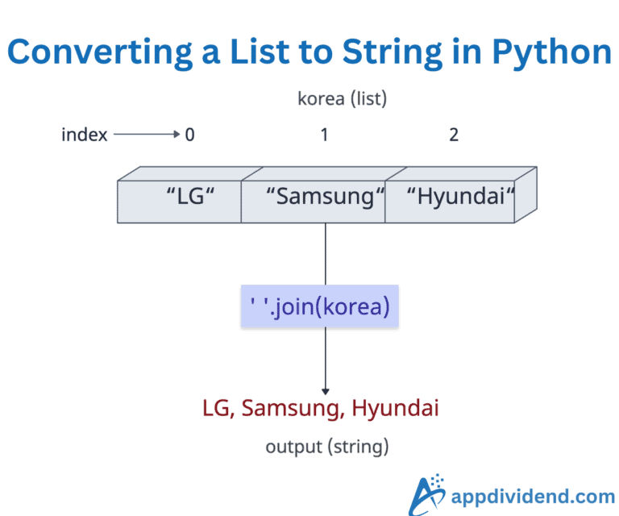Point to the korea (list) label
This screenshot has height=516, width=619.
pyautogui.click(x=342, y=99)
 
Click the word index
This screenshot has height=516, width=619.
pyautogui.click(x=84, y=135)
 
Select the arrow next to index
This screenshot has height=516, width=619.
pyautogui.click(x=146, y=135)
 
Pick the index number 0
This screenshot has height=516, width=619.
pyautogui.click(x=189, y=135)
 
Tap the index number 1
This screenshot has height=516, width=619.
pyautogui.click(x=324, y=135)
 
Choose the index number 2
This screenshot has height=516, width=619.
pyautogui.click(x=454, y=135)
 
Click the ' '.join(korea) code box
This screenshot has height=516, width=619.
pyautogui.click(x=320, y=306)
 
